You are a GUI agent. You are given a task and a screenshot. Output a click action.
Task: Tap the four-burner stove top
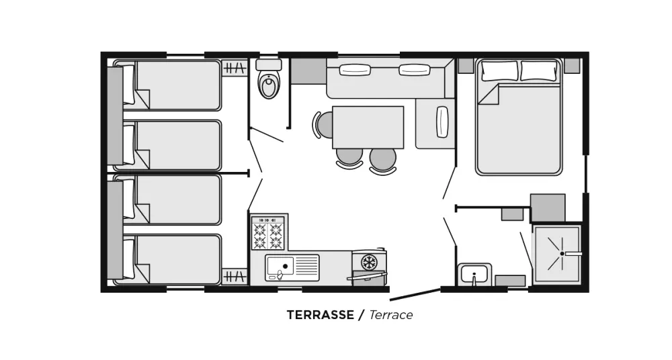click(x=268, y=233)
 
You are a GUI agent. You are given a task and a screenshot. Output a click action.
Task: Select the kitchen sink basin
click(x=280, y=266)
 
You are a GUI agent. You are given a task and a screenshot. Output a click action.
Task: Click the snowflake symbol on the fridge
click(x=368, y=262)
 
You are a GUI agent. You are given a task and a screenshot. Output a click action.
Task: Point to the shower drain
click(x=562, y=253)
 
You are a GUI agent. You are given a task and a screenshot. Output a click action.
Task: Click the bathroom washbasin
click(x=474, y=274)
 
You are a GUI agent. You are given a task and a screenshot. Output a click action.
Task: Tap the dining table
click(x=368, y=128)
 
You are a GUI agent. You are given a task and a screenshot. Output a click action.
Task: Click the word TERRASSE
click(x=320, y=315)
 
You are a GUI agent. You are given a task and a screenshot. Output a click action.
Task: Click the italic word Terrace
click(x=391, y=315)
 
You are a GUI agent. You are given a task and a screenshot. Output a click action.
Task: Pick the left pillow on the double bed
click(x=499, y=71)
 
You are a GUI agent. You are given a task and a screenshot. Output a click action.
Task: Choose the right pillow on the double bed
click(x=539, y=71)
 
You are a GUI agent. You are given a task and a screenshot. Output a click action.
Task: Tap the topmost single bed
click(x=167, y=85)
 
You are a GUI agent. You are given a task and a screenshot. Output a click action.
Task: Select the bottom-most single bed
click(x=167, y=259)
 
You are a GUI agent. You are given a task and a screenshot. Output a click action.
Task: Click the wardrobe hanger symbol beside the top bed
click(x=235, y=68)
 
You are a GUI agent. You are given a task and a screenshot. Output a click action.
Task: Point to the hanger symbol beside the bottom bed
click(x=235, y=277)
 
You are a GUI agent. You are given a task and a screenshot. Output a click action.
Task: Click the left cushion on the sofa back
click(x=355, y=69)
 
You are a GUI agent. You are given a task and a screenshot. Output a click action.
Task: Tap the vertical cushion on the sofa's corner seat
click(x=442, y=122)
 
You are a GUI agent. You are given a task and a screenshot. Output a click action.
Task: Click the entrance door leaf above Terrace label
click(x=415, y=294)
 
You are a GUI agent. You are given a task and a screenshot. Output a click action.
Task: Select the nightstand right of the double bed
click(x=572, y=65)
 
